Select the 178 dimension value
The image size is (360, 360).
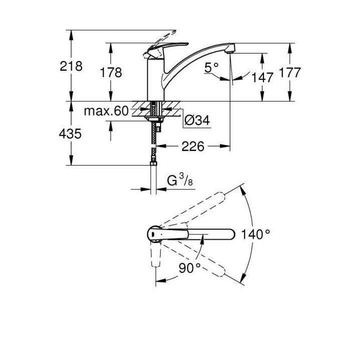point(110,72)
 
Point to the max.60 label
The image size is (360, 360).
point(106,110)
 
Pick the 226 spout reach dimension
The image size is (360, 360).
point(193,146)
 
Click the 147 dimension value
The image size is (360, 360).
point(262,77)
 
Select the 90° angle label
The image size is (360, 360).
point(189,267)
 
